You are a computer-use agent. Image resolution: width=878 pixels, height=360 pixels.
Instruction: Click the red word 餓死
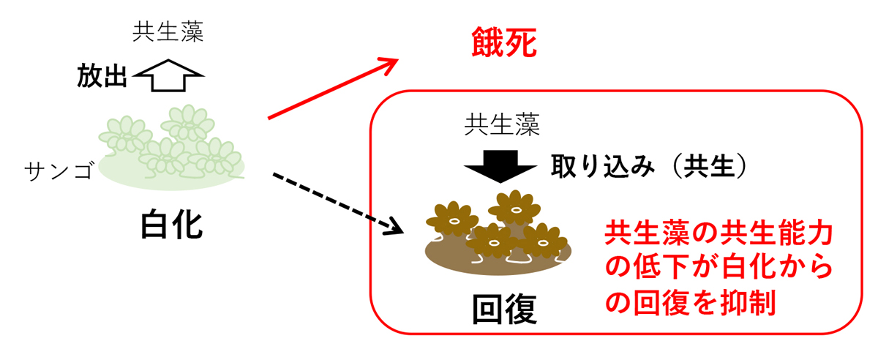[504, 45]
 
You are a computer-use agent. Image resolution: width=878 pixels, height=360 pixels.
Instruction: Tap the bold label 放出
[103, 75]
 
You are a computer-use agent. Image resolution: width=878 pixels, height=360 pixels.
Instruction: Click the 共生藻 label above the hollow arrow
[168, 33]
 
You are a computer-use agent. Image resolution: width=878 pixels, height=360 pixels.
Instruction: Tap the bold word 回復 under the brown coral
[505, 310]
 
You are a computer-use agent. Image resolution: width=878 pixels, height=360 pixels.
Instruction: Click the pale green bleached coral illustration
[171, 150]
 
